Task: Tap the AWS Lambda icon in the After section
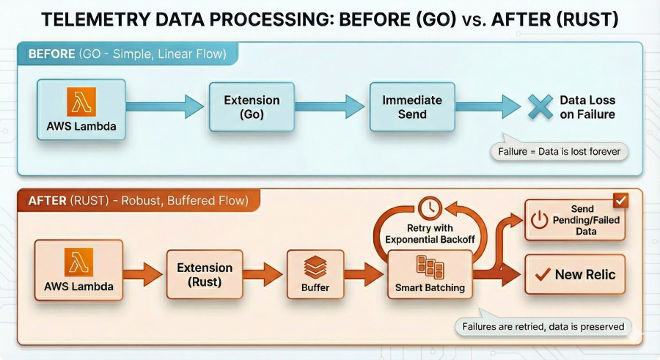point(79,262)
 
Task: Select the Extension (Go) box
point(251,107)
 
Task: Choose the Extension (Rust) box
point(205,274)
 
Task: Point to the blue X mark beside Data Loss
point(540,107)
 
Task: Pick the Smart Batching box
point(429,274)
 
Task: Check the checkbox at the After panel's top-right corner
point(620,200)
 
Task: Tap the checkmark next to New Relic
point(543,275)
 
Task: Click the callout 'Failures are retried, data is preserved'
point(543,326)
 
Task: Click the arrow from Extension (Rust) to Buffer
point(262,275)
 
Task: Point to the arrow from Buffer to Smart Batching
point(364,275)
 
